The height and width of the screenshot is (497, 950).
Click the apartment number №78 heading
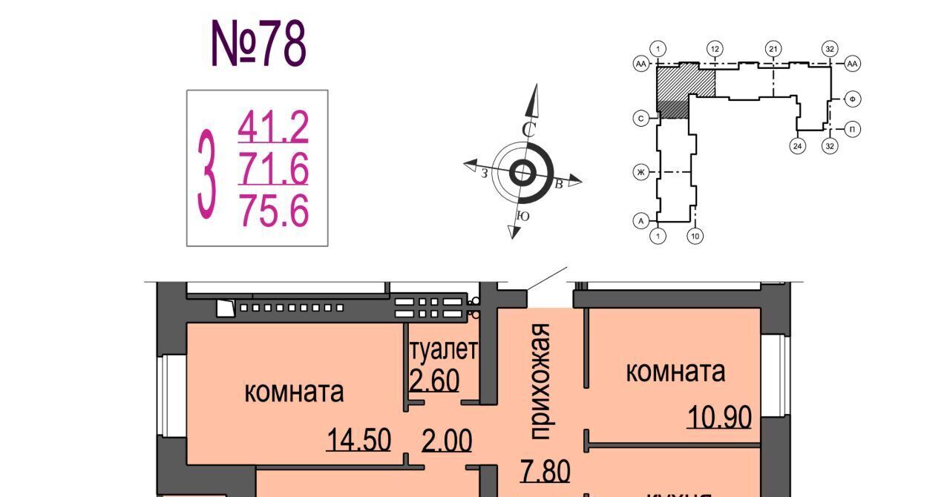pos(258,45)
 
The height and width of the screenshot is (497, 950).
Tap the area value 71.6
pos(273,169)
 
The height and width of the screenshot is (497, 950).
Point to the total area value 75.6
pos(273,211)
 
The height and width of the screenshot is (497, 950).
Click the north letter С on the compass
pos(528,129)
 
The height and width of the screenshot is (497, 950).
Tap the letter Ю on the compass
pos(522,217)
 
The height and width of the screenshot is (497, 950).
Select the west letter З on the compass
pos(484,173)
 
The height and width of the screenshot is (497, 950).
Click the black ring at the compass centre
pos(522,174)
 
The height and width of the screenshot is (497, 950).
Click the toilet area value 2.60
pos(435,381)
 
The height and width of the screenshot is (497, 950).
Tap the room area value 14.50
pos(358,441)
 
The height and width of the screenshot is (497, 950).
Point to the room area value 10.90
pos(719,418)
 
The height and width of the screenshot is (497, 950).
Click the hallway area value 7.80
pos(545,470)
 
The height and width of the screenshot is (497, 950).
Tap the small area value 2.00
pos(447,441)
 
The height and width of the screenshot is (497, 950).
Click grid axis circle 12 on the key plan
pos(715,49)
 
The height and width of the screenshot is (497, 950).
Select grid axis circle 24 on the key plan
pos(797,145)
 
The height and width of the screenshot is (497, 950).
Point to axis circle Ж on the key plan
pos(640,173)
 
